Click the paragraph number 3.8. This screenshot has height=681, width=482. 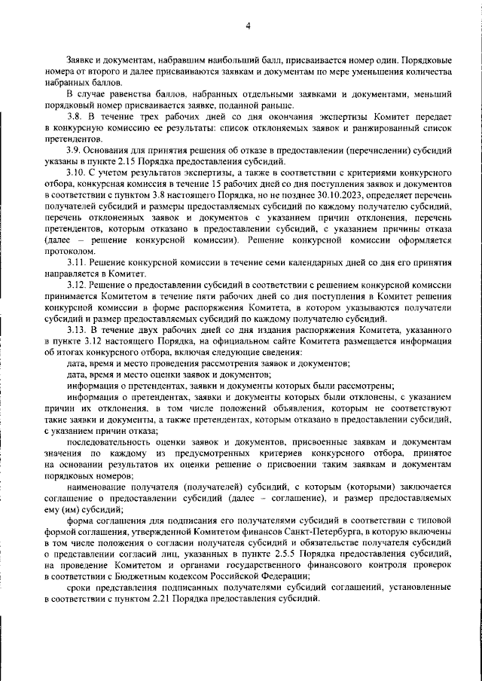coord(75,119)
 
